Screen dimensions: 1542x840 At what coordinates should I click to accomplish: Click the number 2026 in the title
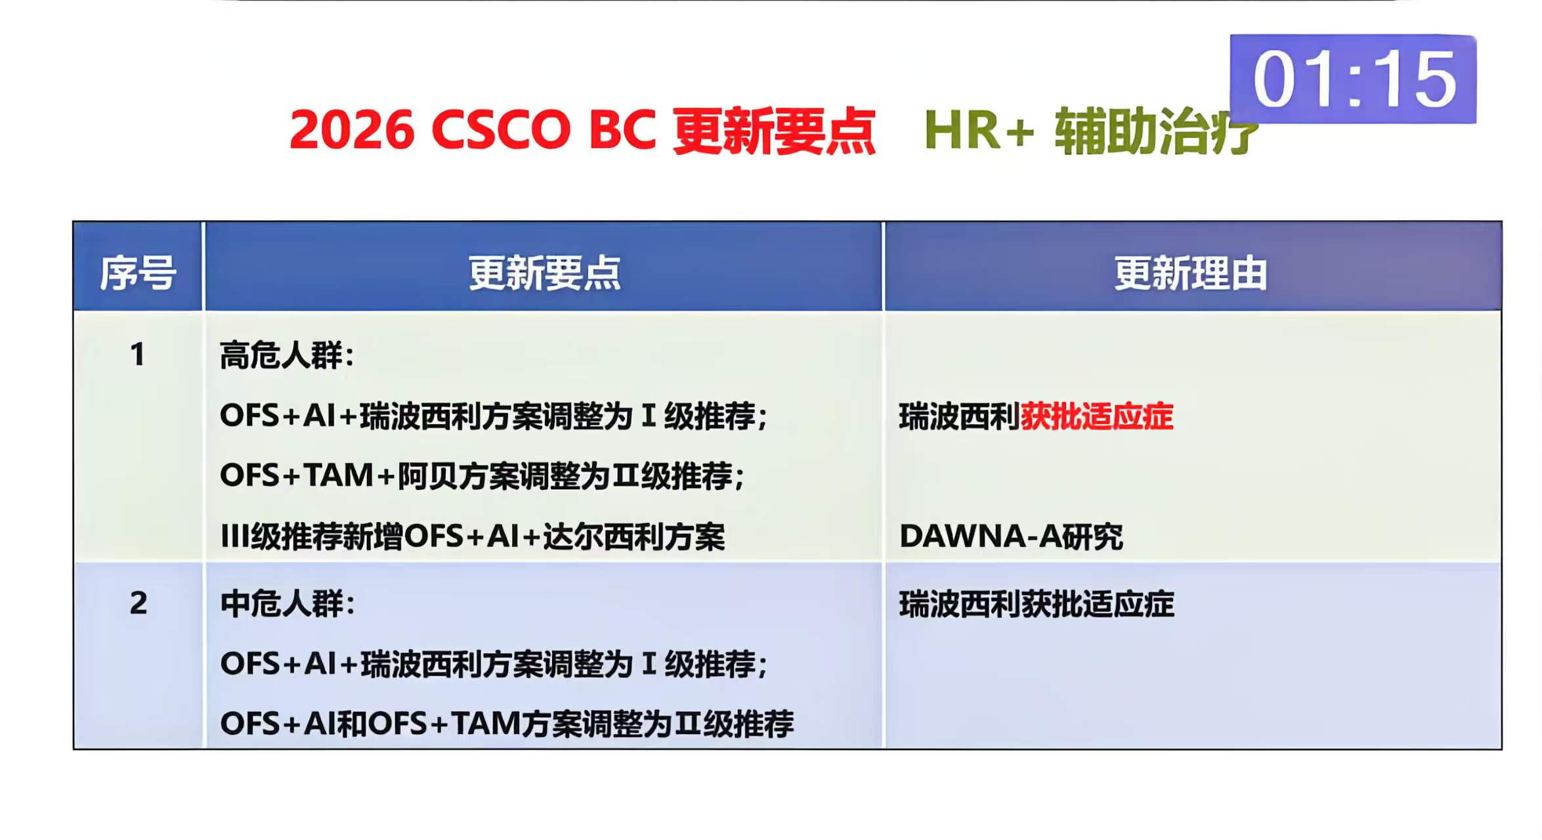(352, 130)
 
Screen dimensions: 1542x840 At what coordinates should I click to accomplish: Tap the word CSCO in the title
(501, 130)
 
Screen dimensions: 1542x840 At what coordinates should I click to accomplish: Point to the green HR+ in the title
(979, 130)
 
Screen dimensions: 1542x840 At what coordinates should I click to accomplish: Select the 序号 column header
(138, 273)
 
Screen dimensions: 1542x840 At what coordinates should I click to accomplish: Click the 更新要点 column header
(544, 273)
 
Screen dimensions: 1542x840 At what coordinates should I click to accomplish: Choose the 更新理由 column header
(1190, 273)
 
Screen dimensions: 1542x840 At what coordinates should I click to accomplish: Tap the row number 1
(137, 355)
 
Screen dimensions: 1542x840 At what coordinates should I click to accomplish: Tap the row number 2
(138, 603)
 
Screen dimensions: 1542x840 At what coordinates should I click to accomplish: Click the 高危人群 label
(281, 355)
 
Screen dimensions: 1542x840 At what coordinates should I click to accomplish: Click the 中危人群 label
(282, 604)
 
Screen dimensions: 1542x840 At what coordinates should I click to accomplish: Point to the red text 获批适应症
(1096, 416)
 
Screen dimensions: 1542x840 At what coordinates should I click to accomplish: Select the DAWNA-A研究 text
(1011, 536)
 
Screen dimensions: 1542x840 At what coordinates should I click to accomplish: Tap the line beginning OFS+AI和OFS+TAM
(507, 724)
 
